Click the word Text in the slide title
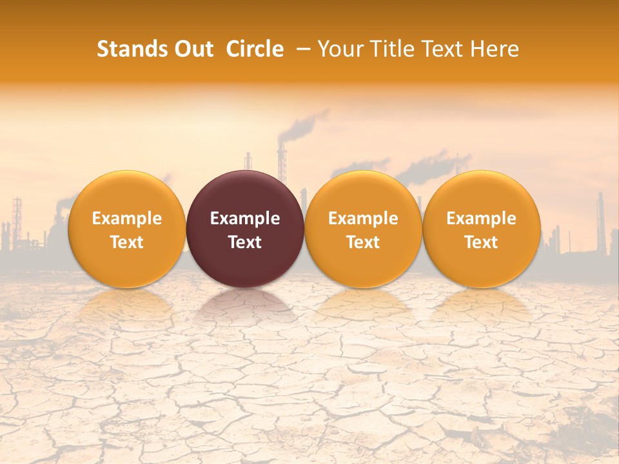[x=440, y=49]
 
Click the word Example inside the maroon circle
[x=245, y=218]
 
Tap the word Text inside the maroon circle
[x=245, y=242]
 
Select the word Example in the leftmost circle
[x=126, y=218]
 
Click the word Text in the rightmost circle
[x=481, y=242]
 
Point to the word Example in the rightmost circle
[x=481, y=218]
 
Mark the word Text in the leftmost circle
[x=126, y=242]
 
